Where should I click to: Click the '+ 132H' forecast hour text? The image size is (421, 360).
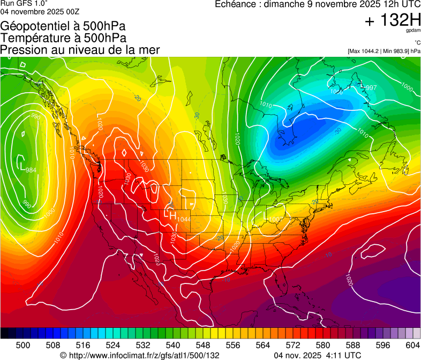tap(393, 21)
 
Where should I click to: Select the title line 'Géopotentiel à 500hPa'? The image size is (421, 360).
tap(63, 26)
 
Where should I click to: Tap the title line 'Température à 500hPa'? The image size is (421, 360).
tap(63, 38)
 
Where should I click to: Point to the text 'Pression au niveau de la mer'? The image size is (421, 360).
tap(80, 50)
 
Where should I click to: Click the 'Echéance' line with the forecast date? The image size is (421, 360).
tap(317, 4)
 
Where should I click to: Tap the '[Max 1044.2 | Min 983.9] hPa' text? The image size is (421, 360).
tap(384, 51)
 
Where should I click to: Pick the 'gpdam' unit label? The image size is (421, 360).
tap(414, 31)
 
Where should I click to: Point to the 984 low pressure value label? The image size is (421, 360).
tap(31, 170)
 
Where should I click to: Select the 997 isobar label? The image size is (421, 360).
tap(371, 88)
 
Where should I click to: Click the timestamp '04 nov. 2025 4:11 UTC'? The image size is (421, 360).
tap(317, 355)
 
